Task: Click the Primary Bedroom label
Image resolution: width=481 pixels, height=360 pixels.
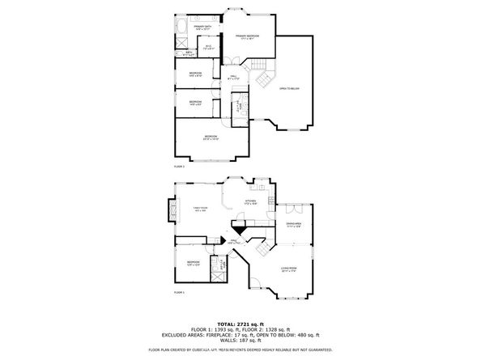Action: tap(247, 36)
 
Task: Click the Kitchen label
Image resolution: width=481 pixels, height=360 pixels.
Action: tap(251, 201)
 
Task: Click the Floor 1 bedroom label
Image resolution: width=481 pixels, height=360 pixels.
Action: tap(193, 262)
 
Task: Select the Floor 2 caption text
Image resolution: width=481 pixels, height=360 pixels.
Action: tap(179, 166)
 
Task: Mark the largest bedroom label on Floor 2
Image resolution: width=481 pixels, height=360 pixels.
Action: tap(211, 138)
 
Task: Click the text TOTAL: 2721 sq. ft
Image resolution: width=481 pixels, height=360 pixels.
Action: tap(240, 322)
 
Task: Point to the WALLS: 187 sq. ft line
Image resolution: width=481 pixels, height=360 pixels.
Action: tap(240, 341)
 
